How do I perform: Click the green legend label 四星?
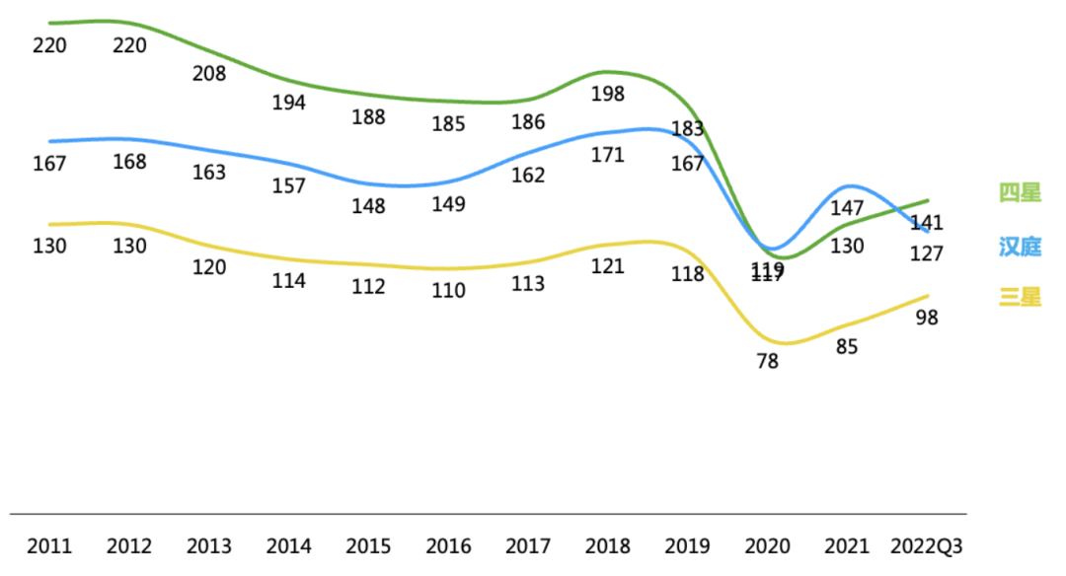pos(1020,193)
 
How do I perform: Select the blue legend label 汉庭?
pos(1020,247)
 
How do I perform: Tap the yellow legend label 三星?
pos(1020,297)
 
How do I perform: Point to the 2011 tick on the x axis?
pos(48,545)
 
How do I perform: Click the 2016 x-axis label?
pos(448,545)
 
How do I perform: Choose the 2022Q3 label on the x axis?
pos(926,545)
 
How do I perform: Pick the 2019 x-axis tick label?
pos(687,545)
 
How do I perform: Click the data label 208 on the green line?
pos(209,73)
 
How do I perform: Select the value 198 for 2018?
pos(608,94)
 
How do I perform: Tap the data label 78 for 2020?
pos(767,361)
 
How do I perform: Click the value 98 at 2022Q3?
pos(926,318)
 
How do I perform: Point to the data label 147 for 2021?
pos(847,209)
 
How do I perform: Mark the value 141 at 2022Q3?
pos(926,223)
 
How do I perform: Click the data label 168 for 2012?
pos(129,161)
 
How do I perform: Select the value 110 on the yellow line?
pos(448,291)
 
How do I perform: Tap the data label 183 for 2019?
pos(687,128)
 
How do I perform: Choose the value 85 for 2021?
pos(847,347)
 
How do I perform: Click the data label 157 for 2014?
pos(289,185)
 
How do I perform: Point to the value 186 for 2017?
pos(528,122)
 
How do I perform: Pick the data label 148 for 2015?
pos(368,207)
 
